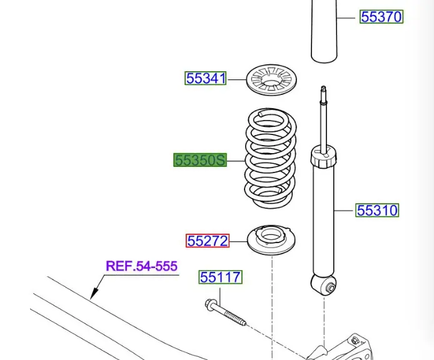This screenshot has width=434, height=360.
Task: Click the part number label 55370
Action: pos(381,17)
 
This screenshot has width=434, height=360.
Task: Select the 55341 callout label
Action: pos(206,78)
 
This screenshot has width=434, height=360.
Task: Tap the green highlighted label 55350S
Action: pos(200,160)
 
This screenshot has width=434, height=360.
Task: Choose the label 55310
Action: pos(377,210)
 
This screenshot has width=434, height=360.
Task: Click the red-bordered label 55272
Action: pos(208,241)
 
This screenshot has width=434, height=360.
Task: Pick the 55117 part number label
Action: pos(220,277)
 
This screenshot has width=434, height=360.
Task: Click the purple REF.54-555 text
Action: pos(141,266)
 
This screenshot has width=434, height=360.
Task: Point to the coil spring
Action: pos(270,158)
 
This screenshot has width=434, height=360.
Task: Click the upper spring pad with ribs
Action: pos(271,80)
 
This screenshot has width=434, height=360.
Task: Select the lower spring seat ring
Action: pos(271,239)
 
